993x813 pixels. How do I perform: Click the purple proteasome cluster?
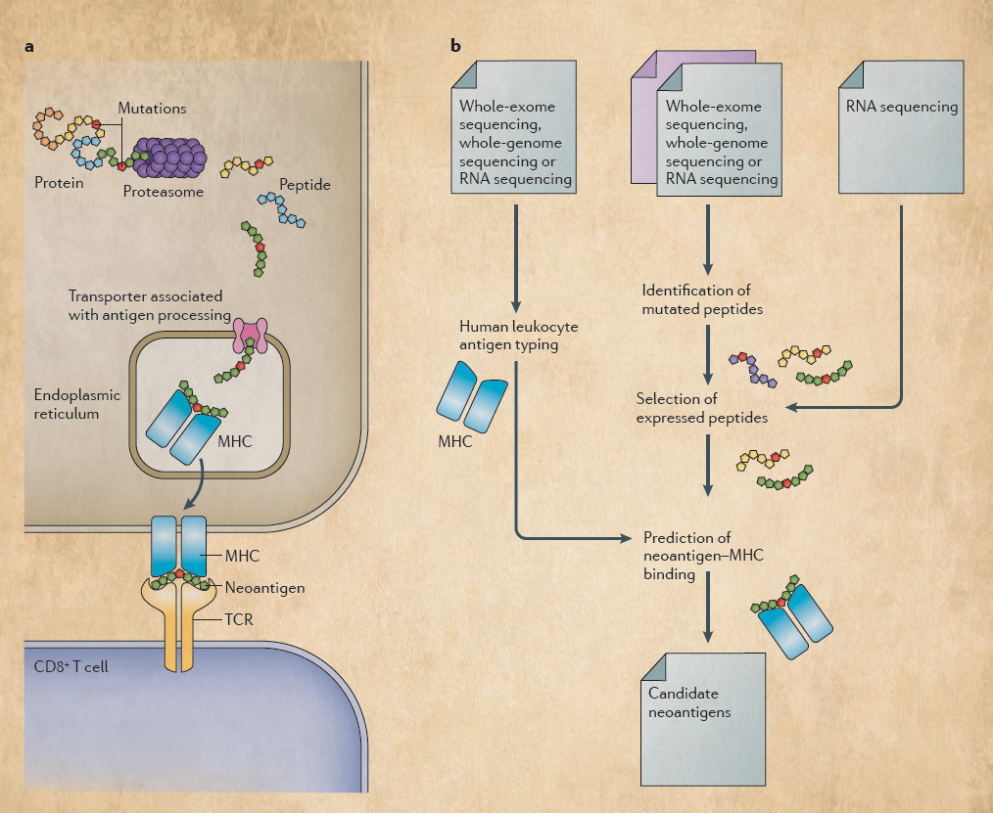click(170, 157)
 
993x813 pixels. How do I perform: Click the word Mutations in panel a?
click(152, 108)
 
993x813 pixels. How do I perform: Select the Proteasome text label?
click(164, 192)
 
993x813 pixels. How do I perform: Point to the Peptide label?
click(305, 184)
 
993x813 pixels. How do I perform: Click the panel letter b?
click(455, 46)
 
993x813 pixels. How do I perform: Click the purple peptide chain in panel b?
click(752, 370)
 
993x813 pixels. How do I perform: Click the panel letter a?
click(31, 46)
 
